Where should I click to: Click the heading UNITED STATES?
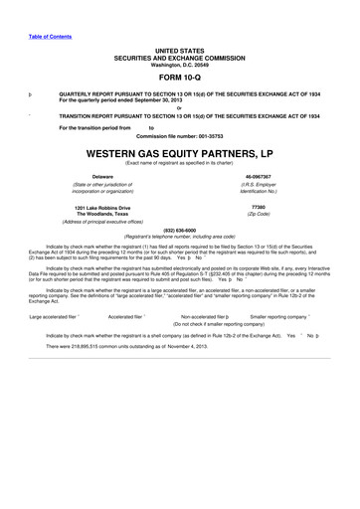point(179,49)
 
